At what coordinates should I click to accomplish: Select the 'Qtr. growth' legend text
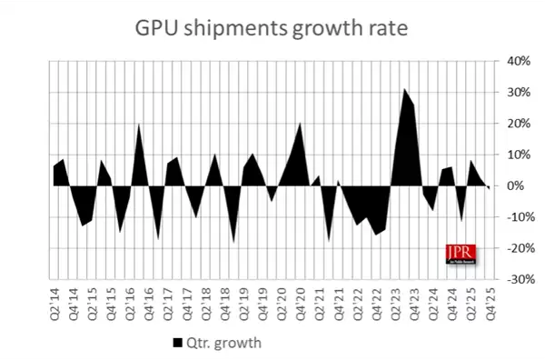(x=217, y=343)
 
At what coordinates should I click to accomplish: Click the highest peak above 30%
(x=404, y=89)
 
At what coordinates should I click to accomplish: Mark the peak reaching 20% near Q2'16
(x=139, y=125)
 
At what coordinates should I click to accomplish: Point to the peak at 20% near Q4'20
(x=301, y=123)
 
